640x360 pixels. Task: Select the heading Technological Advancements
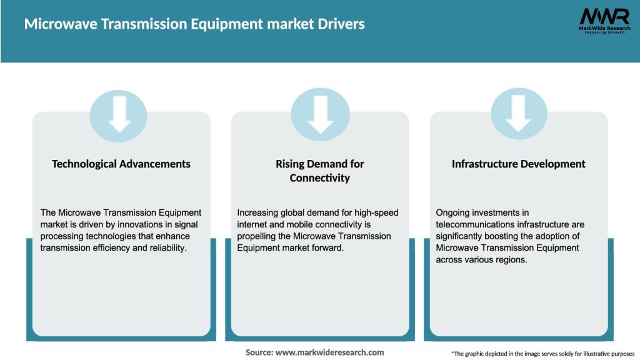coord(121,164)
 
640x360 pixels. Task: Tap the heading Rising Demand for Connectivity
coord(320,171)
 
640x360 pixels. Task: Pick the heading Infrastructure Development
coord(519,164)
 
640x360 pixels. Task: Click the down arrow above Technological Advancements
coord(119,114)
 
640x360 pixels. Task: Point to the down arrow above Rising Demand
coord(320,114)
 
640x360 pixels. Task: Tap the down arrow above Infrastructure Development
coord(519,114)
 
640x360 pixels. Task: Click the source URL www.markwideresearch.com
coord(330,352)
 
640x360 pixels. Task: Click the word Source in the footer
coord(259,352)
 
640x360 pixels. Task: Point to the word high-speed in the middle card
coord(377,212)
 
